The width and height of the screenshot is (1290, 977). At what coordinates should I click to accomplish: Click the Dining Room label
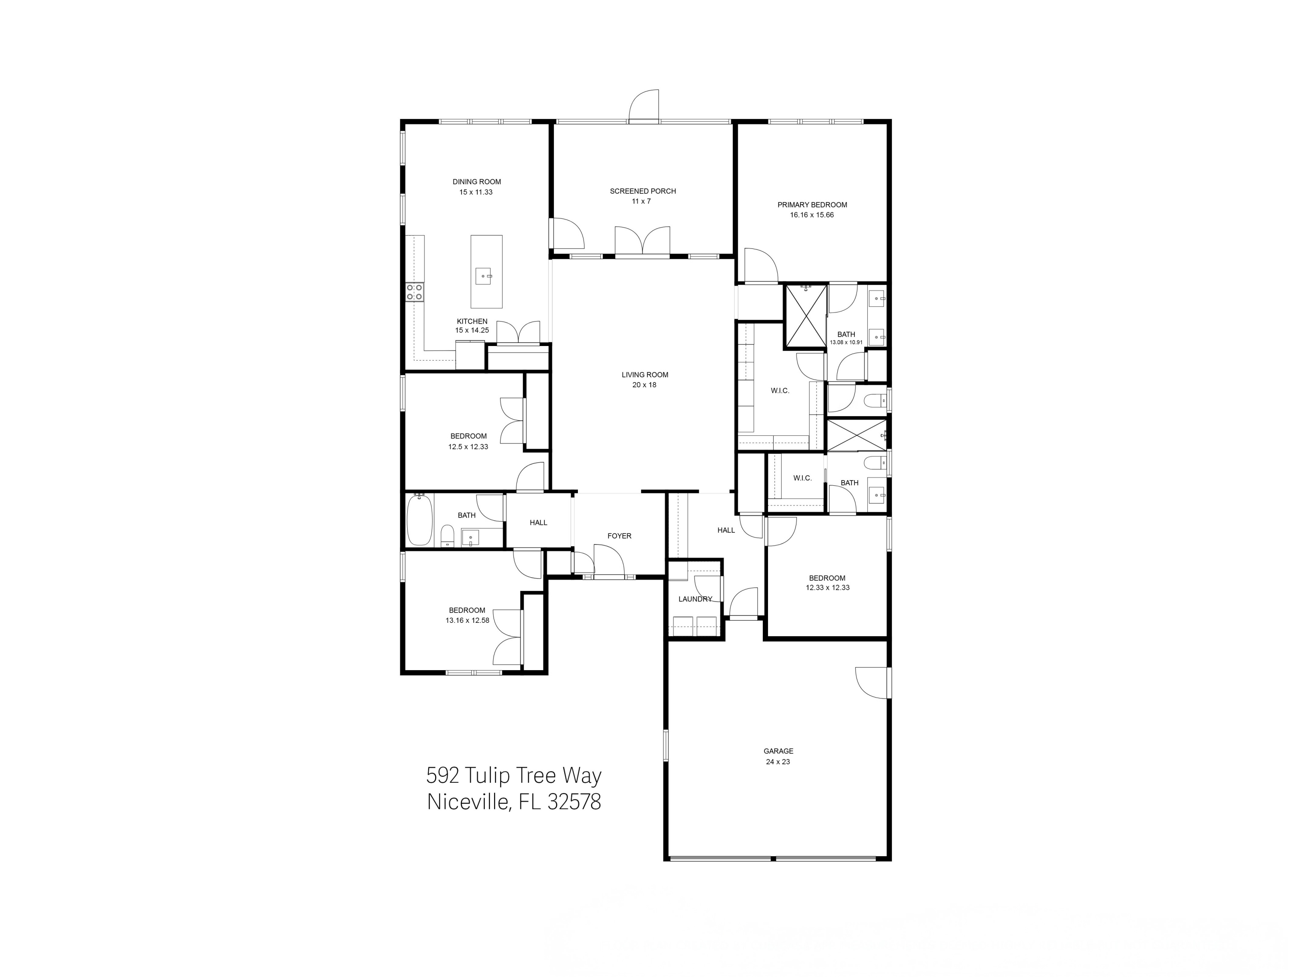pyautogui.click(x=476, y=182)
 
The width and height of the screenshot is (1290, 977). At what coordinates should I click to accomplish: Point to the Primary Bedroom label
pyautogui.click(x=812, y=205)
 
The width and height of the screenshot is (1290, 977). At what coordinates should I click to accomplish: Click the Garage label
pyautogui.click(x=778, y=751)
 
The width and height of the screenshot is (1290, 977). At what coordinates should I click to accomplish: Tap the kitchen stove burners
pyautogui.click(x=415, y=292)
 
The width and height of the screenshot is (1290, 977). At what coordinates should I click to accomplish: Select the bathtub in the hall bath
pyautogui.click(x=419, y=519)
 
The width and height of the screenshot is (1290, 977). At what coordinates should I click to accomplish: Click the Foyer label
pyautogui.click(x=619, y=536)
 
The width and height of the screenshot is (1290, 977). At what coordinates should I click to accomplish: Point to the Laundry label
pyautogui.click(x=694, y=599)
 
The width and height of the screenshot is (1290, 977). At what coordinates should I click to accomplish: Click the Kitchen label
pyautogui.click(x=472, y=321)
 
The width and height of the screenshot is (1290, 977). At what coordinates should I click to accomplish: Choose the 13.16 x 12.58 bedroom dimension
pyautogui.click(x=467, y=620)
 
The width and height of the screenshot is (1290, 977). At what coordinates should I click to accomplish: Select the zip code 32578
pyautogui.click(x=574, y=802)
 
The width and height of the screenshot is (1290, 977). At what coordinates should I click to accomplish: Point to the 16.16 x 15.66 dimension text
pyautogui.click(x=812, y=215)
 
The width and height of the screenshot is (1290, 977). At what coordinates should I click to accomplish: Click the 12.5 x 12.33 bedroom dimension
pyautogui.click(x=468, y=447)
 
